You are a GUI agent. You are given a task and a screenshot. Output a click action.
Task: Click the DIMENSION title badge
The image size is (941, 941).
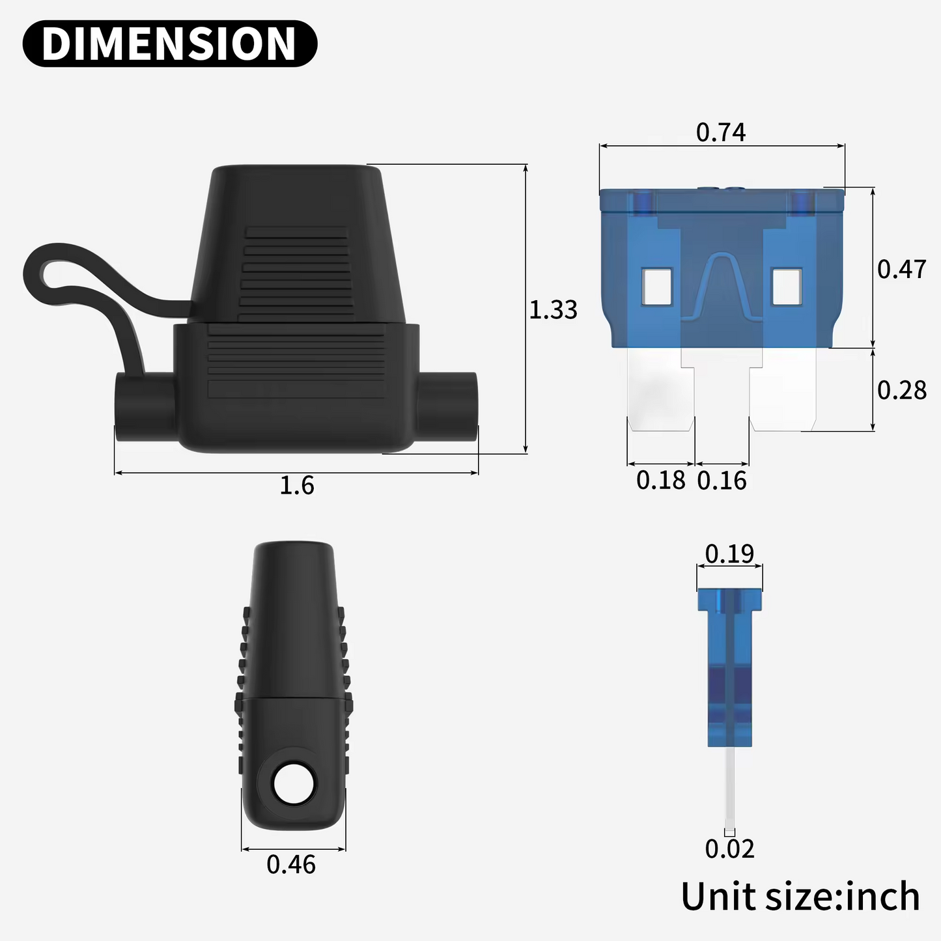(x=169, y=44)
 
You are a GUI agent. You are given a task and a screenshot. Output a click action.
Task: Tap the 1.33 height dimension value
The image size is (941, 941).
(x=553, y=310)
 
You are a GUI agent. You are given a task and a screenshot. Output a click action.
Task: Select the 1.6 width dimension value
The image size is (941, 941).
(x=297, y=486)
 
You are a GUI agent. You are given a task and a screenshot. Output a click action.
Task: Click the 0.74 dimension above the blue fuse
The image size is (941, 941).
(x=721, y=132)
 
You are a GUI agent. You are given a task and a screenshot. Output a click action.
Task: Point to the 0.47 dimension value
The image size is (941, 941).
(x=901, y=269)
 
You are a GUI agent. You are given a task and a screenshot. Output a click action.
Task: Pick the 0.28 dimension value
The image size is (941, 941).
(x=901, y=390)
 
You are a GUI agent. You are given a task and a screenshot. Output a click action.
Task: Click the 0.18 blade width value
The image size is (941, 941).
(x=660, y=481)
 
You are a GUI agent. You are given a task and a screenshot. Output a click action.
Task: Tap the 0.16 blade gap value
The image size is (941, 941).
(x=722, y=481)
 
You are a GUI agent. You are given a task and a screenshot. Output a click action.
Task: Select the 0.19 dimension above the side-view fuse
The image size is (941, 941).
(x=729, y=554)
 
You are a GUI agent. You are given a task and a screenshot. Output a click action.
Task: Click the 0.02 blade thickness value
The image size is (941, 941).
(x=729, y=849)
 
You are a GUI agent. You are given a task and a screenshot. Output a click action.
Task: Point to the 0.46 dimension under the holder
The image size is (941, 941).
(x=291, y=864)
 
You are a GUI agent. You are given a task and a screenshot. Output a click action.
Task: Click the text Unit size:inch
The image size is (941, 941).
(x=800, y=897)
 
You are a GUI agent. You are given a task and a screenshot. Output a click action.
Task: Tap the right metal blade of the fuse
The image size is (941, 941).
(x=783, y=391)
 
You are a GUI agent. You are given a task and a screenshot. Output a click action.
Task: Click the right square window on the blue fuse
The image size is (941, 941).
(x=787, y=287)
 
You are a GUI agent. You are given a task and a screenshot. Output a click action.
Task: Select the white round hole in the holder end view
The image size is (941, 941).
(x=292, y=784)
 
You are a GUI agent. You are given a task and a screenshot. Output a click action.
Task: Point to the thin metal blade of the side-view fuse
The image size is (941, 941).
(x=729, y=788)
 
